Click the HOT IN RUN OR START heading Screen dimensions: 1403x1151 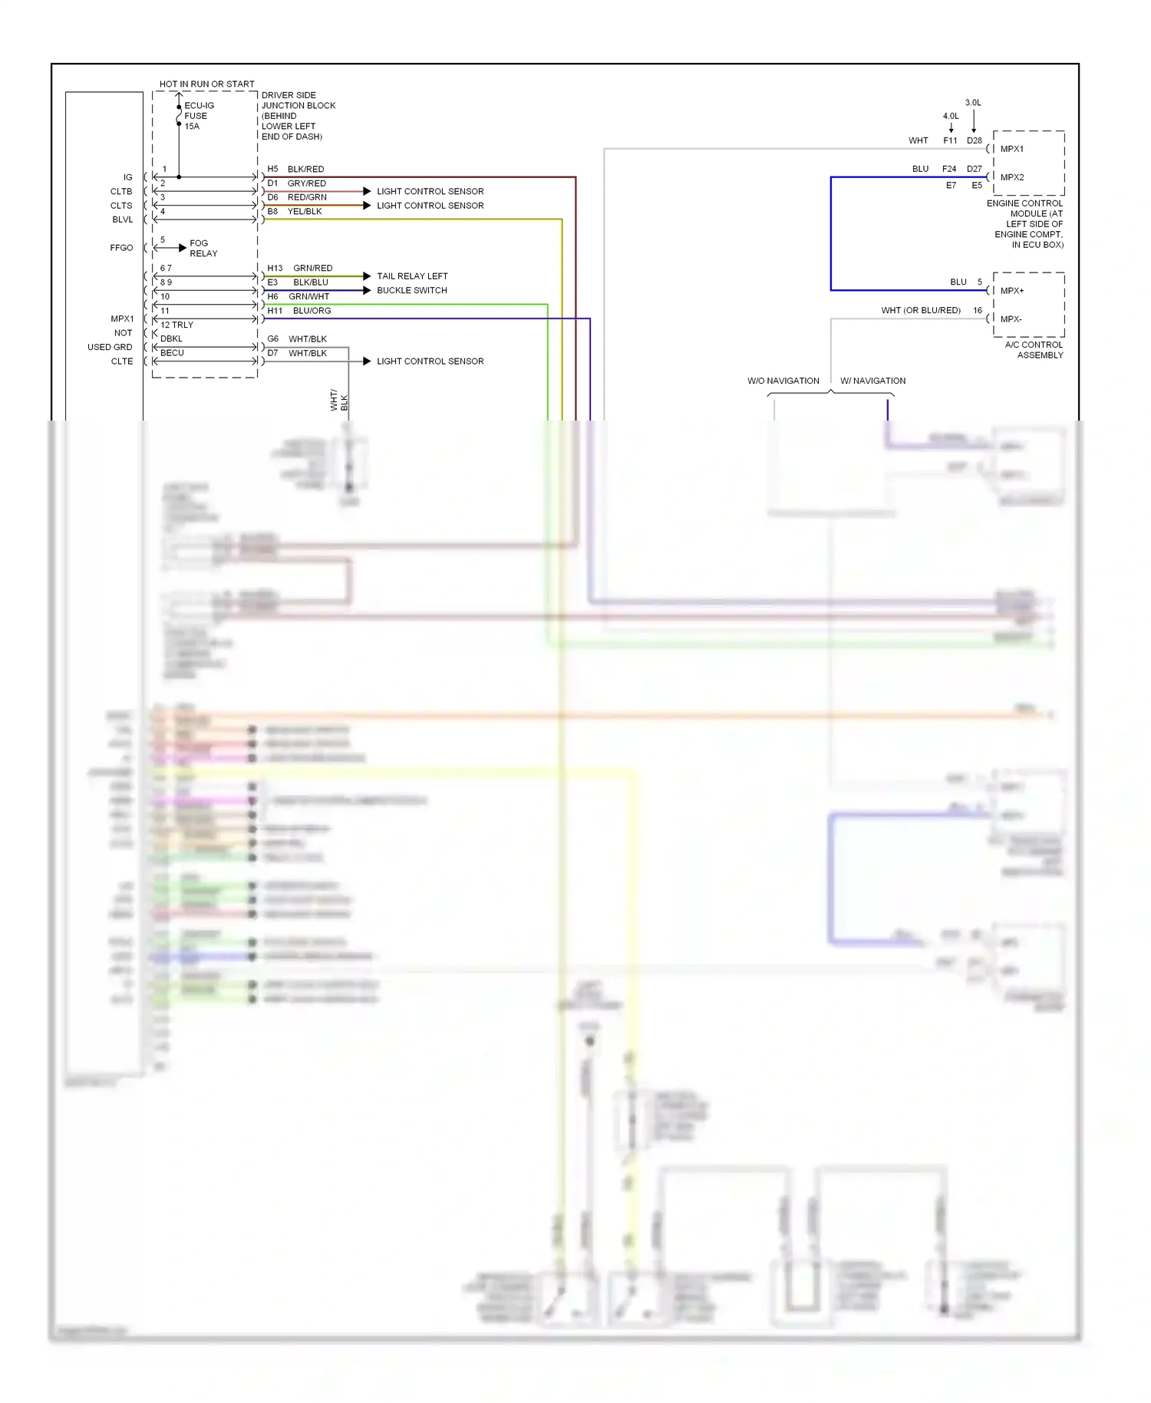(x=206, y=84)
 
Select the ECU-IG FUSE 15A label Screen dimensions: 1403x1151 (x=198, y=116)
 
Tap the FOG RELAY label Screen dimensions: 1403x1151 (x=203, y=248)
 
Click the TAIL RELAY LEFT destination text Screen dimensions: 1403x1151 (x=412, y=276)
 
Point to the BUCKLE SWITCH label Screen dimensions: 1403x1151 (x=411, y=290)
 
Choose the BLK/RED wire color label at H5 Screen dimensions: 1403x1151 (x=305, y=169)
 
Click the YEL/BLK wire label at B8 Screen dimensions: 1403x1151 (x=305, y=211)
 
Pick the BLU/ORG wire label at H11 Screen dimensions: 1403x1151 (x=312, y=311)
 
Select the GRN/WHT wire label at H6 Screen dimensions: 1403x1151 (x=308, y=296)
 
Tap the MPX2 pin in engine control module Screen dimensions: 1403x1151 (x=1011, y=177)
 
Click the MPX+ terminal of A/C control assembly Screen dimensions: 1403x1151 (x=1011, y=291)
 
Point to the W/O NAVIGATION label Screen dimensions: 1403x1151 (x=783, y=381)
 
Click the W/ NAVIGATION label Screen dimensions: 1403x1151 (x=872, y=381)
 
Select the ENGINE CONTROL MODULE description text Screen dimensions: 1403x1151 (x=1025, y=224)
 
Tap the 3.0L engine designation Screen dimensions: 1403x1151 (x=973, y=102)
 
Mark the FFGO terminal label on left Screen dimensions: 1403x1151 (x=121, y=248)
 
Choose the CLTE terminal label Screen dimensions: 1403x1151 (x=121, y=361)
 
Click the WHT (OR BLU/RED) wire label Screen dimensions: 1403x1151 (x=920, y=310)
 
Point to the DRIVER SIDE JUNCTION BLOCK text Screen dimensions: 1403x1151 (x=298, y=116)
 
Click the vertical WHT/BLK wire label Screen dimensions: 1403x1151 (x=338, y=400)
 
